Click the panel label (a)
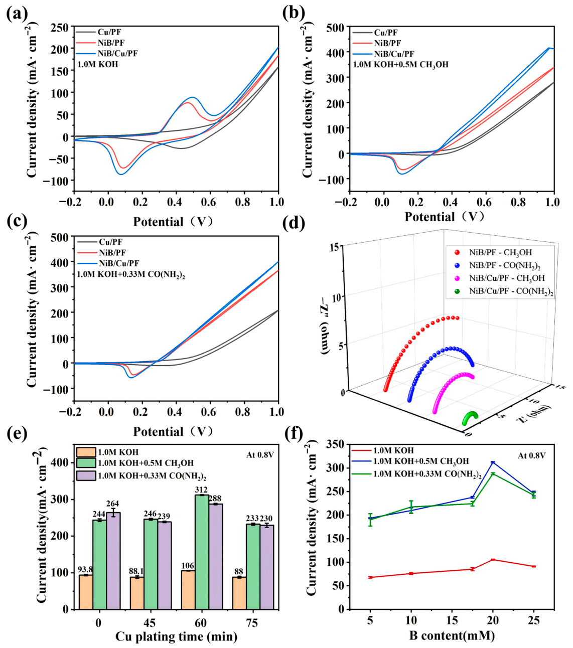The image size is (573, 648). click(17, 14)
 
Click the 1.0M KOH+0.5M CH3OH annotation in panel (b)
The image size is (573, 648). click(400, 65)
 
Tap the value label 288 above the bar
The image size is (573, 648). click(214, 499)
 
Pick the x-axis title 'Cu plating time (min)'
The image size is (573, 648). click(176, 636)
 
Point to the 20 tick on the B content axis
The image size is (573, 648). click(493, 620)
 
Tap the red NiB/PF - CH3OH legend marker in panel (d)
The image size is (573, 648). click(457, 252)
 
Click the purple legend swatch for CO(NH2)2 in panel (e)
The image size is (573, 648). click(86, 475)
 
